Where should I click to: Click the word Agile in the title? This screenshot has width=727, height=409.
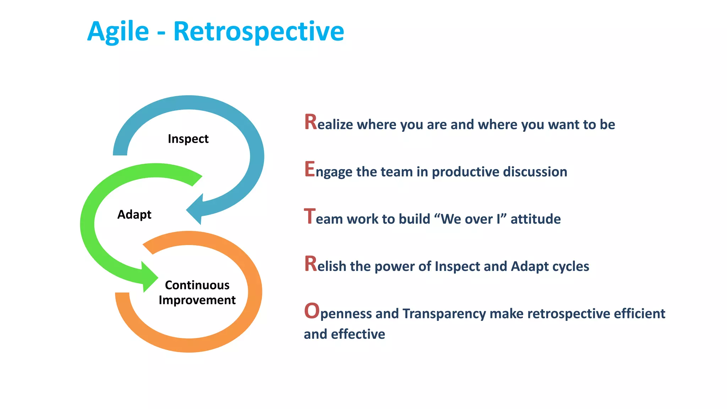tap(118, 32)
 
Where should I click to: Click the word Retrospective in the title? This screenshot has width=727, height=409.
tap(258, 32)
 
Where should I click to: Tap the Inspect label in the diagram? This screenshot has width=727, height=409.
tap(188, 139)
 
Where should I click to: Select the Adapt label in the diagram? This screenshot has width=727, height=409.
tap(134, 214)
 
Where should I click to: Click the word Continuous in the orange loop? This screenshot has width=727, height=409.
tap(197, 285)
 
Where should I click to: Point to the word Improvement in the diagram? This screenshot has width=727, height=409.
tap(197, 300)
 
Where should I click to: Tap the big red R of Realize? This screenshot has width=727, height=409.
tap(310, 122)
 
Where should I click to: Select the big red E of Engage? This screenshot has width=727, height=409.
tap(310, 169)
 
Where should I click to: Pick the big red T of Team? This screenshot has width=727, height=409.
tap(310, 216)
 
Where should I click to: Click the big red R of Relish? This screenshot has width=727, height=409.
tap(310, 264)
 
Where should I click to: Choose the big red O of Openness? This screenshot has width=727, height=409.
tap(312, 311)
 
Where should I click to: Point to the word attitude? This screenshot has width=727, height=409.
tap(535, 219)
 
